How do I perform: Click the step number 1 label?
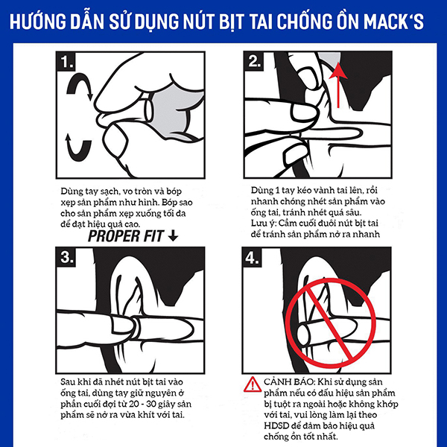tap(66, 62)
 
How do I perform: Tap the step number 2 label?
tap(254, 61)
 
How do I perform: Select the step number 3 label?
tap(66, 257)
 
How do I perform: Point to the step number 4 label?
tap(252, 258)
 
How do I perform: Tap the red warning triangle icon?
tap(253, 384)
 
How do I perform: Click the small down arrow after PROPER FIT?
tap(173, 236)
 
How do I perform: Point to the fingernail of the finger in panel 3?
tap(123, 325)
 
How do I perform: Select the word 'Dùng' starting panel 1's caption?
tap(72, 191)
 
